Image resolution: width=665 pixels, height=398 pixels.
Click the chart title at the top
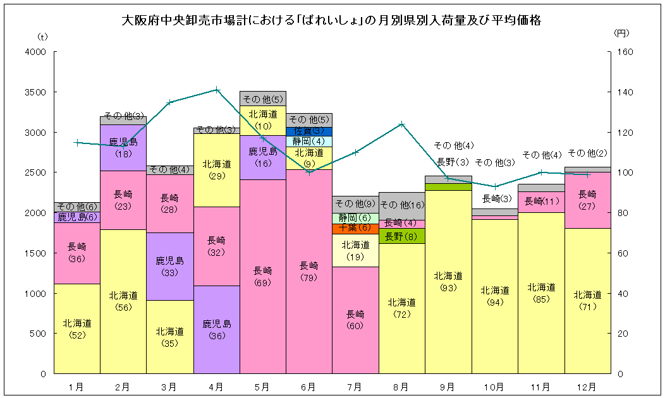[x=332, y=21]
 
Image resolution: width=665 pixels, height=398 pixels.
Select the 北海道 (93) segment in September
[x=448, y=281]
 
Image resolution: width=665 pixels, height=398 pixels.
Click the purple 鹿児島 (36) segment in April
[x=216, y=329]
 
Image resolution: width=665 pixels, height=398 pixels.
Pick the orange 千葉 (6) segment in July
[x=355, y=229]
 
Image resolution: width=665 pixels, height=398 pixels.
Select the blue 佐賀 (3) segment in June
[x=309, y=131]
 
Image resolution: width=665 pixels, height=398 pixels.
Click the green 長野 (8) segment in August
[x=402, y=236]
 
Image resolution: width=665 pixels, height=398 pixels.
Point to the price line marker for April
[x=217, y=89]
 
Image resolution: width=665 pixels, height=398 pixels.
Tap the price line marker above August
[x=402, y=124]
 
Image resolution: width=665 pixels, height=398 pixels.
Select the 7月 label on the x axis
[x=355, y=386]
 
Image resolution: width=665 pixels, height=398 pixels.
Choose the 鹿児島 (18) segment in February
[x=123, y=147]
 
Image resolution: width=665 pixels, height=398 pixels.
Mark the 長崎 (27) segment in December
[x=587, y=200]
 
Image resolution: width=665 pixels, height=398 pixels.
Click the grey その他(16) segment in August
[x=402, y=205]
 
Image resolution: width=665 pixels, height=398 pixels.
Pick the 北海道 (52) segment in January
[x=77, y=329]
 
